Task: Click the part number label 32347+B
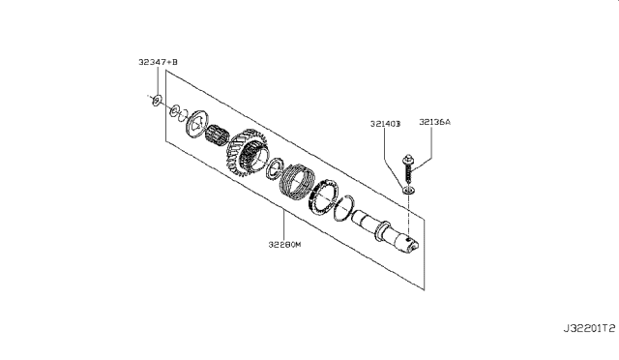click(x=158, y=62)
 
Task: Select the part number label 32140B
click(x=385, y=124)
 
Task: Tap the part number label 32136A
click(x=434, y=122)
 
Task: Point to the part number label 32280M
click(x=284, y=245)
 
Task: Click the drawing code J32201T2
click(x=589, y=328)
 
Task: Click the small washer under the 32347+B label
click(x=157, y=101)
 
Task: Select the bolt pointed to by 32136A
click(x=408, y=169)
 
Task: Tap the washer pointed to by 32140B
click(x=408, y=191)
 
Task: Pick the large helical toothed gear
click(x=248, y=152)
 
